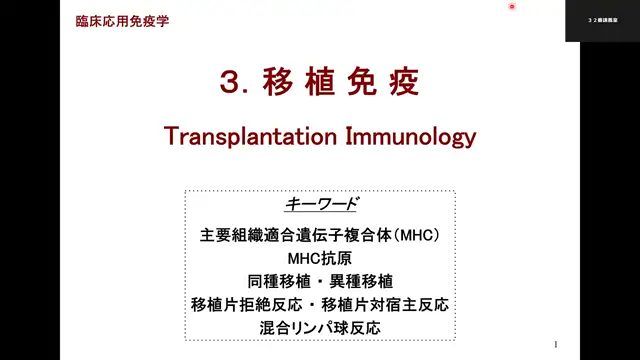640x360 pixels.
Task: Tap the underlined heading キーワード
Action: tap(320, 204)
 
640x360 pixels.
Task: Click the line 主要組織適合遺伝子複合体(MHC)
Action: tap(320, 236)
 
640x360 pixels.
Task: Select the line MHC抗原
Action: tap(320, 258)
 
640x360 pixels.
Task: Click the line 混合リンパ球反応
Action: tap(320, 327)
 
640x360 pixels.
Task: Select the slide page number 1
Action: tap(555, 343)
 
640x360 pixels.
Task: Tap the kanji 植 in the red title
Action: tap(318, 83)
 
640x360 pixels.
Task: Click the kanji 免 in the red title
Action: tap(360, 83)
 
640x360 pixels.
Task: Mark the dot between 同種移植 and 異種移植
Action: tap(320, 281)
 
